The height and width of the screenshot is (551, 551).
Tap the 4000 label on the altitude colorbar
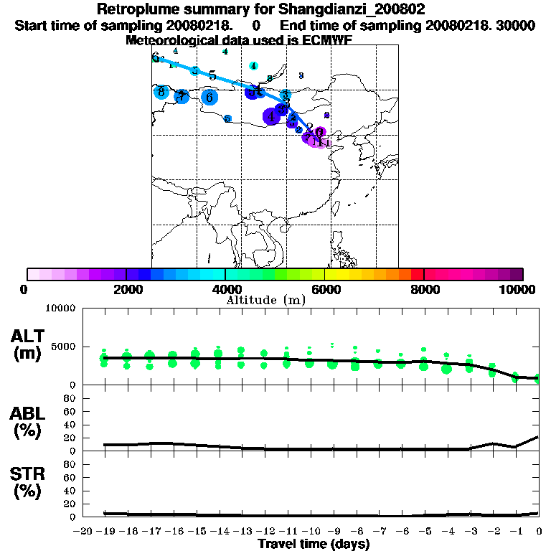coord(225,289)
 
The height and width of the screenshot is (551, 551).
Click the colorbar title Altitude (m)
coord(265,300)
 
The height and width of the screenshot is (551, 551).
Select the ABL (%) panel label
coord(27,422)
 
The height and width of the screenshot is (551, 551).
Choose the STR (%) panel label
coord(27,482)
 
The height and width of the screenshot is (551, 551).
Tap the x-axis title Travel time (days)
coord(314,545)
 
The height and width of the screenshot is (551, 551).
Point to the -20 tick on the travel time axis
coord(83,531)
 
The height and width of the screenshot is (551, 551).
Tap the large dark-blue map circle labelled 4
coord(271,115)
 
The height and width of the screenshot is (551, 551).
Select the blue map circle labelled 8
coord(161,92)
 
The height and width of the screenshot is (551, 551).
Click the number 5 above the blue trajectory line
coord(212,76)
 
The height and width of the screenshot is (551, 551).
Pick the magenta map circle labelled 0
coord(320,132)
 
